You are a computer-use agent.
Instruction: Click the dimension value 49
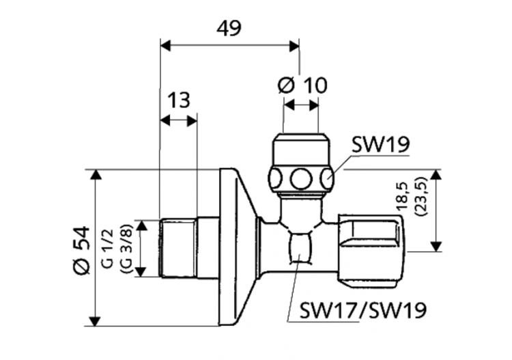[x=229, y=28]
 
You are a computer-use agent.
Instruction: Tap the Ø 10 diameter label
[x=303, y=85]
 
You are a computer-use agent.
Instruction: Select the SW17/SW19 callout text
[x=363, y=311]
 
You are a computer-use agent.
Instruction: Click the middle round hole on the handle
[x=300, y=180]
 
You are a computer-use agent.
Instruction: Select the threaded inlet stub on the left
[x=179, y=247]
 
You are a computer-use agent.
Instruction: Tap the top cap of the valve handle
[x=301, y=148]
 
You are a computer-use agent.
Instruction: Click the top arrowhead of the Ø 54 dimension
[x=96, y=175]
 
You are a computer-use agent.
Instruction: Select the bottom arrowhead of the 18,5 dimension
[x=435, y=247]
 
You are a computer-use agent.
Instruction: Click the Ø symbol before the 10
[x=286, y=85]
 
